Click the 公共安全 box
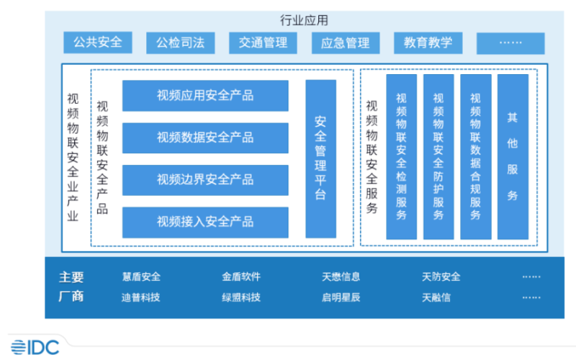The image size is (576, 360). (x=98, y=42)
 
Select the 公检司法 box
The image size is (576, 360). (x=181, y=43)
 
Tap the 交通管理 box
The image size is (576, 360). (x=263, y=43)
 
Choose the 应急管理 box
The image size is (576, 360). (x=346, y=43)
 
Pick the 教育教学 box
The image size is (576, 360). (x=428, y=43)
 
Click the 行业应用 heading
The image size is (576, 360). (x=304, y=20)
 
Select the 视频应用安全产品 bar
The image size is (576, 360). (x=205, y=96)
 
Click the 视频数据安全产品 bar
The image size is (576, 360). (x=205, y=138)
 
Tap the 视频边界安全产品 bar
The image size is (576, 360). (x=205, y=180)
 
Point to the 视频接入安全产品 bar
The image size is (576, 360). (x=205, y=222)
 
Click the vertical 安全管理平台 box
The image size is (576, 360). (x=320, y=158)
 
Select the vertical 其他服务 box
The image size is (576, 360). (x=513, y=157)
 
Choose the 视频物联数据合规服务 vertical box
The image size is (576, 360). (x=476, y=157)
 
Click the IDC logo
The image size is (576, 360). (x=35, y=347)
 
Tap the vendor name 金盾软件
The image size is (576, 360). (x=241, y=276)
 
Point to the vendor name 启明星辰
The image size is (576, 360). (x=341, y=297)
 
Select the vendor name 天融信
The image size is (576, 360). (x=436, y=297)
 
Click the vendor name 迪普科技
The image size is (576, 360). (x=141, y=297)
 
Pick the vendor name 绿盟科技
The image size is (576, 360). (x=241, y=297)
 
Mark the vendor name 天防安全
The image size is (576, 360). (x=441, y=276)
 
